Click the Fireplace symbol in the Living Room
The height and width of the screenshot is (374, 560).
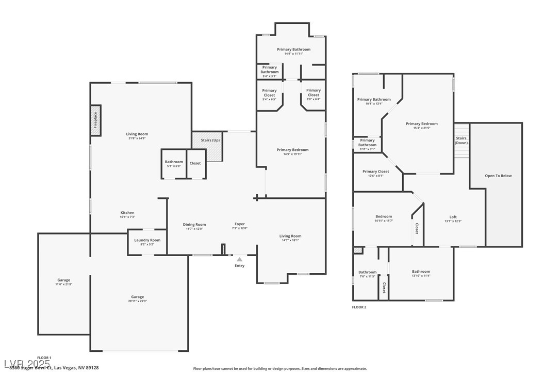pyautogui.click(x=95, y=120)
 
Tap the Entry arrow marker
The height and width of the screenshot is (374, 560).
pyautogui.click(x=240, y=259)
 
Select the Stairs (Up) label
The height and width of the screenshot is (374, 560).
pyautogui.click(x=210, y=140)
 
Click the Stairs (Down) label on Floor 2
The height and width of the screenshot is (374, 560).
pyautogui.click(x=461, y=141)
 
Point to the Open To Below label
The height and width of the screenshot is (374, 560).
pyautogui.click(x=498, y=176)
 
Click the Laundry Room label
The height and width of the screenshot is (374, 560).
pyautogui.click(x=147, y=240)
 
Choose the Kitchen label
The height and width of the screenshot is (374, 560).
pyautogui.click(x=127, y=213)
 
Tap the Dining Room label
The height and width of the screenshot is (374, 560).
pyautogui.click(x=194, y=224)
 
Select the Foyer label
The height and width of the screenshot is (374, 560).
pyautogui.click(x=240, y=224)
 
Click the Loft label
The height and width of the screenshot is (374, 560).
pyautogui.click(x=453, y=217)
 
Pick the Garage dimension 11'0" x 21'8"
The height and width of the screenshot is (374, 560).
pyautogui.click(x=64, y=284)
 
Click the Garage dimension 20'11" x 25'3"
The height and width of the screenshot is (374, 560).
pyautogui.click(x=137, y=301)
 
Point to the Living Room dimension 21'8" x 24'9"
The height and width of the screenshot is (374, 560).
pyautogui.click(x=137, y=138)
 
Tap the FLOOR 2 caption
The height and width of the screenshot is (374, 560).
pyautogui.click(x=359, y=307)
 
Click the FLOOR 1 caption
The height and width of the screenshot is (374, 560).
pyautogui.click(x=44, y=357)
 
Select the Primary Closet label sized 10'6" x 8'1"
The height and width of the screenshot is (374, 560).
pyautogui.click(x=376, y=172)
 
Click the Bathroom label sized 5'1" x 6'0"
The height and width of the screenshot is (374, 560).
pyautogui.click(x=174, y=162)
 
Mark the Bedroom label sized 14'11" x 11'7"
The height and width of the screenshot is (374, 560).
pyautogui.click(x=384, y=216)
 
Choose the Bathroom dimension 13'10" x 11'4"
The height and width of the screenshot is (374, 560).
pyautogui.click(x=421, y=275)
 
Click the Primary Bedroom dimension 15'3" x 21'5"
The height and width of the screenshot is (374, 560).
pyautogui.click(x=422, y=128)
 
